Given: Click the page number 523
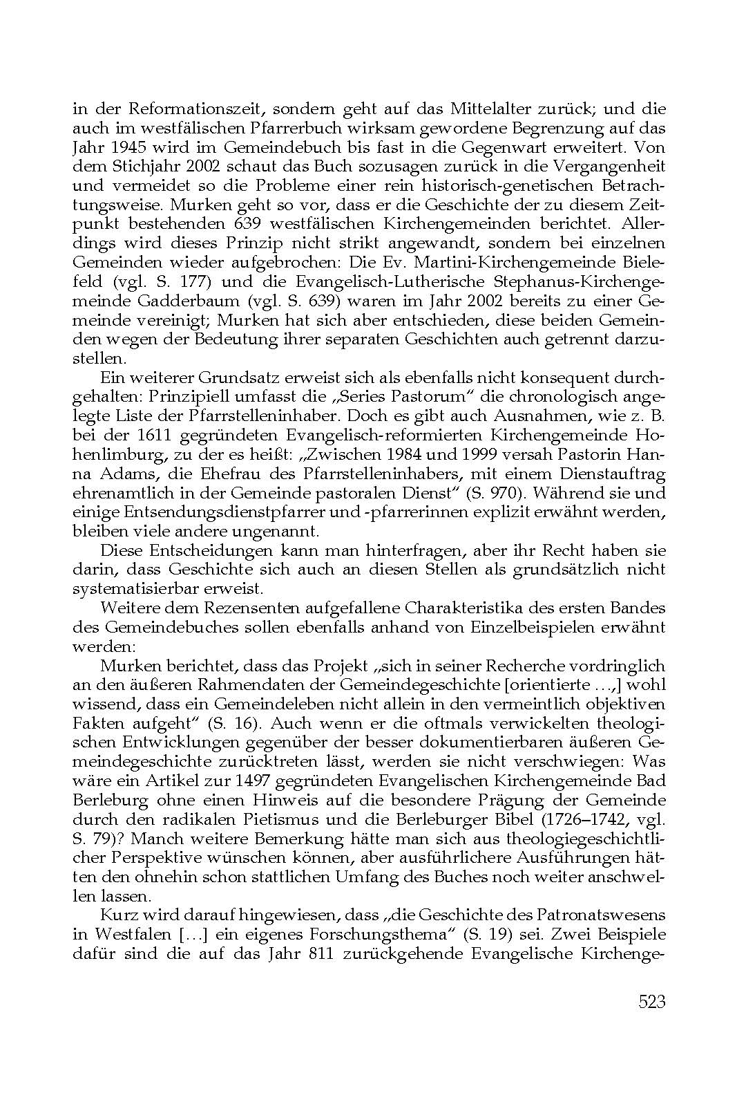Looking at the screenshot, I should pyautogui.click(x=651, y=1001).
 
